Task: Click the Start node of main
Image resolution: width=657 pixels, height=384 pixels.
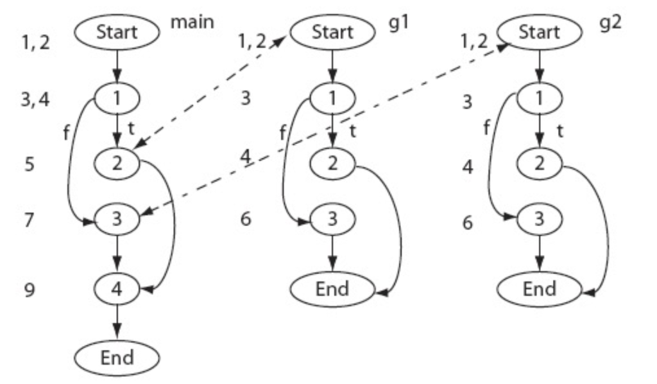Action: click(117, 32)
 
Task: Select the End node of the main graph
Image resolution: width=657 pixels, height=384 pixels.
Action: click(117, 358)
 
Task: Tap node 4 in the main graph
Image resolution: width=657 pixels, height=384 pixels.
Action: click(117, 289)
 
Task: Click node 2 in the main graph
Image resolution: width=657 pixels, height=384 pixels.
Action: click(117, 163)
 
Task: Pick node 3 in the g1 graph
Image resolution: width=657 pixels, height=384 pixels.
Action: click(332, 218)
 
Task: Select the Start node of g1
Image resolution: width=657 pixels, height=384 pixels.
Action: click(333, 32)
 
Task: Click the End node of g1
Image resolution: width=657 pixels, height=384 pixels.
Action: click(332, 289)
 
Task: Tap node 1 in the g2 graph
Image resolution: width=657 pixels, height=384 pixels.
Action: click(539, 98)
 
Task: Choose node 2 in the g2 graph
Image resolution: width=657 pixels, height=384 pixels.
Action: click(539, 163)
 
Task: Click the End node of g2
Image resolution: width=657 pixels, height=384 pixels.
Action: click(539, 289)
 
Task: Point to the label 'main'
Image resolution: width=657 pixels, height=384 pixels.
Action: click(192, 21)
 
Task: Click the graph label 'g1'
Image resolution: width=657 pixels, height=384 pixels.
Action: click(398, 22)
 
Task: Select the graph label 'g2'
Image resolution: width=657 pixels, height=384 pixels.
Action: click(611, 22)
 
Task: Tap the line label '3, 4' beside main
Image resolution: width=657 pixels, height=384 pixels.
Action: click(35, 100)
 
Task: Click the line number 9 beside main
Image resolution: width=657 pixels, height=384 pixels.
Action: click(29, 290)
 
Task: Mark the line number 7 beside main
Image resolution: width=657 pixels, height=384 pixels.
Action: click(28, 220)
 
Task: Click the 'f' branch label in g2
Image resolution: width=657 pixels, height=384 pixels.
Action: click(486, 127)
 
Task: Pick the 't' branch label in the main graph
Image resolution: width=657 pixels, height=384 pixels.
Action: click(131, 128)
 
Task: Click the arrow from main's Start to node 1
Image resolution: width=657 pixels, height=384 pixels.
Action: click(117, 66)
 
